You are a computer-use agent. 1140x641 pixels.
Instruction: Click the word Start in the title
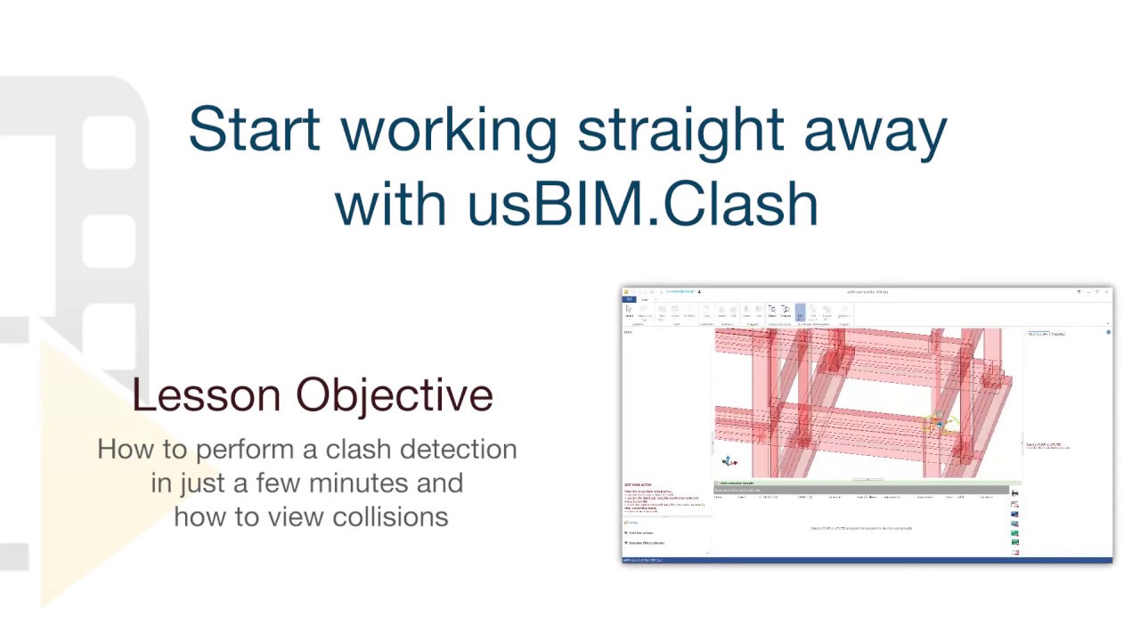coord(253,130)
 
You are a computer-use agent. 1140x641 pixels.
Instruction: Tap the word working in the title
coord(449,130)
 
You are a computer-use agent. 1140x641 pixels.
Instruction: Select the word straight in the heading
coord(681,130)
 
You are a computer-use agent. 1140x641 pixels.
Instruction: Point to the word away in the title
coord(875,130)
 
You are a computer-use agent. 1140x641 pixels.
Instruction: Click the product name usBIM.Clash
coord(643,204)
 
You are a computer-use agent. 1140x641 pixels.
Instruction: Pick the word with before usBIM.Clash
coord(393,204)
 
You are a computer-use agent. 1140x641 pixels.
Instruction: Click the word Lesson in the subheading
coord(207,395)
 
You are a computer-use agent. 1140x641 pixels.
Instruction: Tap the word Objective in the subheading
coord(395,395)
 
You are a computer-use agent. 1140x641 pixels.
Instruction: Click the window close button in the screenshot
coord(1107,292)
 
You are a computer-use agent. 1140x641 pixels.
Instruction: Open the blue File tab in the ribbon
coord(629,300)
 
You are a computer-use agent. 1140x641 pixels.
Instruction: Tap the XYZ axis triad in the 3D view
coord(729,461)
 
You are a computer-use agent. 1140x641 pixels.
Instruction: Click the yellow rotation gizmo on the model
coord(938,425)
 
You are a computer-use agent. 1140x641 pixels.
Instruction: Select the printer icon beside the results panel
coord(1014,493)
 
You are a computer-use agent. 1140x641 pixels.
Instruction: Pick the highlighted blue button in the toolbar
coord(800,312)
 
